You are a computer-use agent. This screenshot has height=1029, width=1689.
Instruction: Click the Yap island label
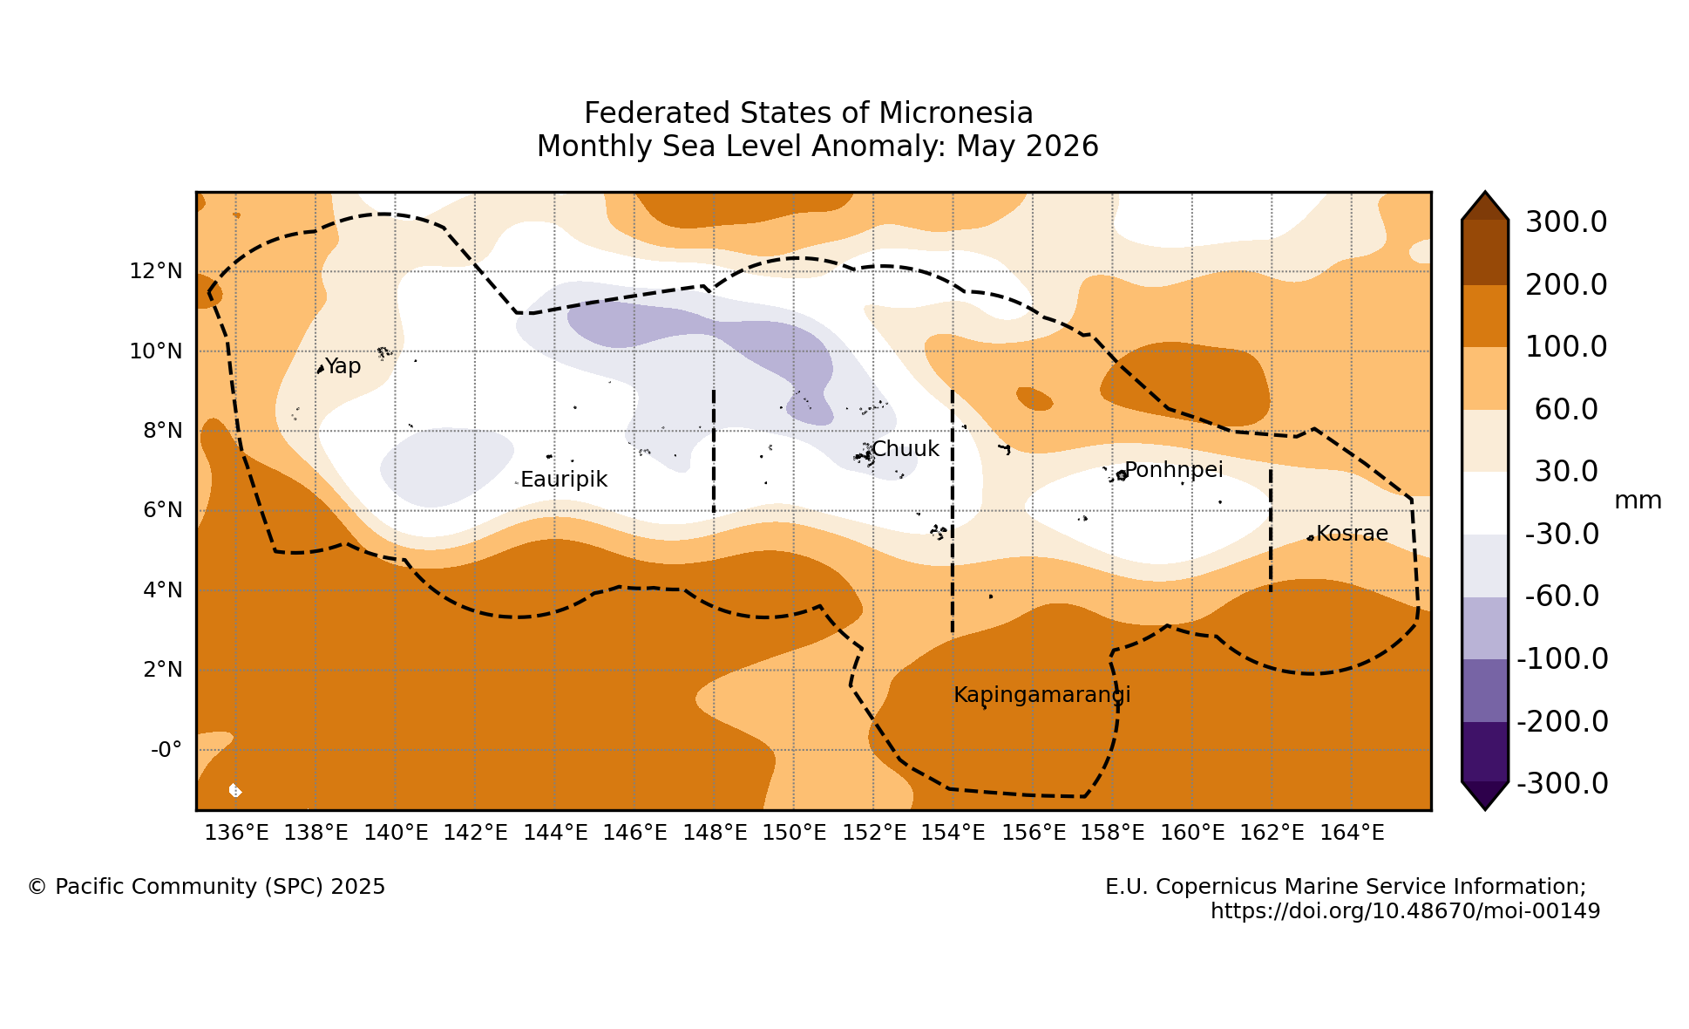[x=343, y=367]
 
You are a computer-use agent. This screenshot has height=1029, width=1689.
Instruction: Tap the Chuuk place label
[x=906, y=449]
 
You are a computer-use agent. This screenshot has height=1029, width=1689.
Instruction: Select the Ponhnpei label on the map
[x=1174, y=471]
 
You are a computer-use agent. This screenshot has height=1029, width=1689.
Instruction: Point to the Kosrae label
[x=1352, y=534]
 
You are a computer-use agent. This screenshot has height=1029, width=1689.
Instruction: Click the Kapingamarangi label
[x=1042, y=696]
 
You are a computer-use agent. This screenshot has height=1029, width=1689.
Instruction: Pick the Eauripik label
[x=564, y=480]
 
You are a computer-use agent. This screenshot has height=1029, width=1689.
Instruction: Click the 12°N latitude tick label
[x=156, y=271]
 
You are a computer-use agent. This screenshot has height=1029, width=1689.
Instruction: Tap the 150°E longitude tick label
[x=794, y=833]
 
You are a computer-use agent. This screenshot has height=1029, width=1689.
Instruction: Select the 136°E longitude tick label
[x=236, y=833]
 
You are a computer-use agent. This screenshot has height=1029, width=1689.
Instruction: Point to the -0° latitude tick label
[x=166, y=750]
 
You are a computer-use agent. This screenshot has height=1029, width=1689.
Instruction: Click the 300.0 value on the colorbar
[x=1566, y=222]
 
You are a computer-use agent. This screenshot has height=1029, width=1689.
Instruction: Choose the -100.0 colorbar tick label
[x=1563, y=659]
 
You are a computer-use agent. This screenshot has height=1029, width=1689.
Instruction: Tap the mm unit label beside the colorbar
[x=1638, y=501]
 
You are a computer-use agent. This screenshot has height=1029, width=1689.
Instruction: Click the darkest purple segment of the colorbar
[x=1485, y=752]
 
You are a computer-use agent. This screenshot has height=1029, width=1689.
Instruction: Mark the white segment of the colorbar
[x=1485, y=503]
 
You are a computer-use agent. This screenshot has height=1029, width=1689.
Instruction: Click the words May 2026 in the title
[x=1028, y=147]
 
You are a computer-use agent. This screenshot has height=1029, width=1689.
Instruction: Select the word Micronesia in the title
[x=956, y=113]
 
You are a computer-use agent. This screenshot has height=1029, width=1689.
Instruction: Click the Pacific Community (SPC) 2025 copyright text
[x=207, y=888]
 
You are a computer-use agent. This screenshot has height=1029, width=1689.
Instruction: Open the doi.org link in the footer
[x=1406, y=912]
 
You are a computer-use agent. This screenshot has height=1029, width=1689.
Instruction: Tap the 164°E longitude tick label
[x=1352, y=833]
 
